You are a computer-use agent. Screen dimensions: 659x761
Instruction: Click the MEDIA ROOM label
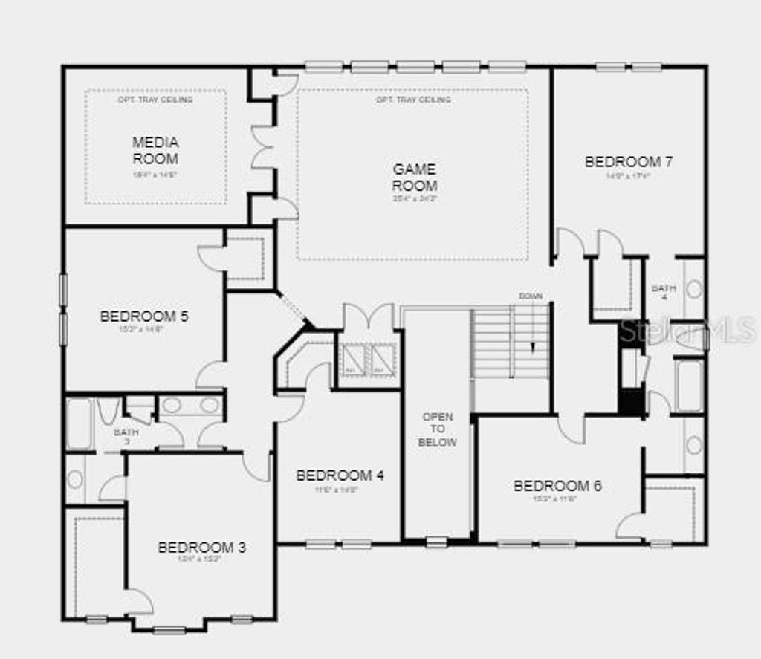pyautogui.click(x=155, y=149)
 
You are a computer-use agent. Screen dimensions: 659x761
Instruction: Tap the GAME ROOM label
pyautogui.click(x=415, y=178)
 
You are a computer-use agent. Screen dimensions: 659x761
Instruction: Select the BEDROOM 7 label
pyautogui.click(x=628, y=161)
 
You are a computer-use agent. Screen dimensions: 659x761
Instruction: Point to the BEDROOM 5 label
pyautogui.click(x=144, y=316)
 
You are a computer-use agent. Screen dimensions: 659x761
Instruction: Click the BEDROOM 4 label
pyautogui.click(x=340, y=475)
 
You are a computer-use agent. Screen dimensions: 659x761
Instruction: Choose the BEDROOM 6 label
pyautogui.click(x=557, y=486)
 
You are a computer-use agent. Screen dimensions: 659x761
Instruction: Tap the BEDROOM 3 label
pyautogui.click(x=201, y=548)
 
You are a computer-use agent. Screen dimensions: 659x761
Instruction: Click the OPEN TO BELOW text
pyautogui.click(x=437, y=429)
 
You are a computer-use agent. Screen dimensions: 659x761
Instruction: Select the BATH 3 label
pyautogui.click(x=126, y=436)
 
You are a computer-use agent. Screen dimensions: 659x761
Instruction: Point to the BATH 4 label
pyautogui.click(x=664, y=293)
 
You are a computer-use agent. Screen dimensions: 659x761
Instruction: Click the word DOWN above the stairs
pyautogui.click(x=531, y=296)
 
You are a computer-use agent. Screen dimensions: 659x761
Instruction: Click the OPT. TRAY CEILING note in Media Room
pyautogui.click(x=155, y=100)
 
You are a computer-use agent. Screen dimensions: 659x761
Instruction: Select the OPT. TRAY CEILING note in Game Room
pyautogui.click(x=413, y=100)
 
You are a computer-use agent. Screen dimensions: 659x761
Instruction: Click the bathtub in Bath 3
pyautogui.click(x=79, y=424)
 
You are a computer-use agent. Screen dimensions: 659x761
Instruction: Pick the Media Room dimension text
pyautogui.click(x=155, y=175)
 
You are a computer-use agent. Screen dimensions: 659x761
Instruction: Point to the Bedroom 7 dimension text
pyautogui.click(x=628, y=176)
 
